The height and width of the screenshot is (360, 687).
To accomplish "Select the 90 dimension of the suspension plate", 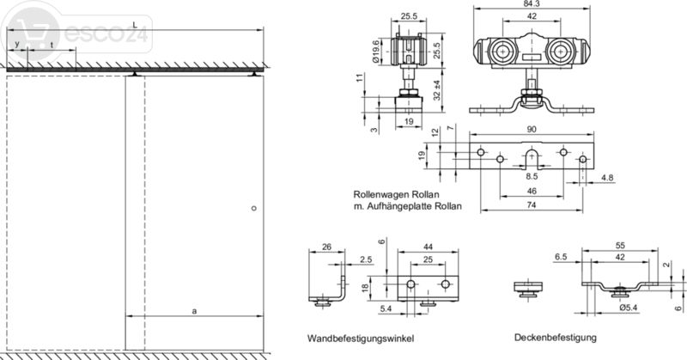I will [533, 130].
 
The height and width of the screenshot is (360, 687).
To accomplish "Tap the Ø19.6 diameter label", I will [376, 51].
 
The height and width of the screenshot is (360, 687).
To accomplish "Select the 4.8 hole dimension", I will [607, 179].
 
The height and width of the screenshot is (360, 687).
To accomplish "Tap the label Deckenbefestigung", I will [556, 337].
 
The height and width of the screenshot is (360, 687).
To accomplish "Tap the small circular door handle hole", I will [253, 209].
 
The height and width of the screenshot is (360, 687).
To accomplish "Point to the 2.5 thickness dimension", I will [364, 259].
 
